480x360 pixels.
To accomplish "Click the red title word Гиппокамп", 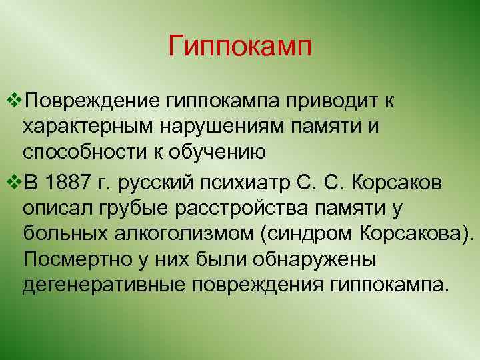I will click(240, 47).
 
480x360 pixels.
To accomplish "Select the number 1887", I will click(71, 180).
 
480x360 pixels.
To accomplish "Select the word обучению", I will click(215, 153).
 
